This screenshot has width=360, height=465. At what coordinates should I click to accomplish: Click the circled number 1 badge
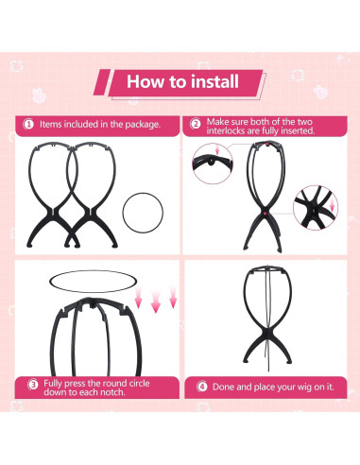28,125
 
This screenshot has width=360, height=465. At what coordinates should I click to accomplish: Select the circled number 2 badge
196,124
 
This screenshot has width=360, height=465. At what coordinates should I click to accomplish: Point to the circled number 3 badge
33,385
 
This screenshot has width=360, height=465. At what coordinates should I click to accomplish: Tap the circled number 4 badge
202,387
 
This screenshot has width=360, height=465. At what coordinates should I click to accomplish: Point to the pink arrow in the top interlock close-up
217,150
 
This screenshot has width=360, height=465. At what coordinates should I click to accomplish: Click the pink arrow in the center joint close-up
332,205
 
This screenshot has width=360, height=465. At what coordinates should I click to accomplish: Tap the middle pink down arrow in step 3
156,301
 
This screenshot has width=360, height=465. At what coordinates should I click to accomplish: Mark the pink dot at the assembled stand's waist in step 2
265,214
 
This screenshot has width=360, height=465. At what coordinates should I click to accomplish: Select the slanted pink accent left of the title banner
102,82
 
